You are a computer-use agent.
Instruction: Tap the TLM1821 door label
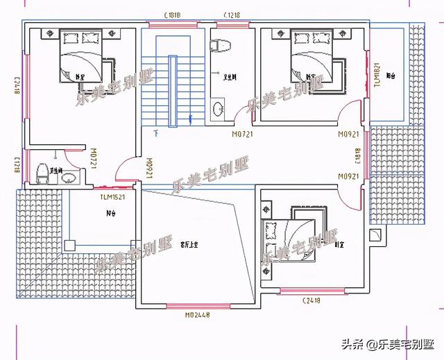point(377,76)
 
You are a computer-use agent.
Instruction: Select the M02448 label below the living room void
point(198,314)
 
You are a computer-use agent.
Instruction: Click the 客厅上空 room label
point(189,244)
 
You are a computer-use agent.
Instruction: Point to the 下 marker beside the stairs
point(156,131)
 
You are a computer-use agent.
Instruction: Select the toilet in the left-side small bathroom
point(42,173)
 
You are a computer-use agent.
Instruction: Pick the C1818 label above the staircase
point(173,15)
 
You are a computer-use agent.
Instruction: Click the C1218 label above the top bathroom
point(232,15)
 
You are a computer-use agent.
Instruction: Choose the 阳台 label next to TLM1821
point(391,76)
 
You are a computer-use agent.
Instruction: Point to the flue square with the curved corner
point(376,234)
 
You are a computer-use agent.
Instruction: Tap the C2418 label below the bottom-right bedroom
point(311,300)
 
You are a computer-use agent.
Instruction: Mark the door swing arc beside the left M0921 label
point(126,171)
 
